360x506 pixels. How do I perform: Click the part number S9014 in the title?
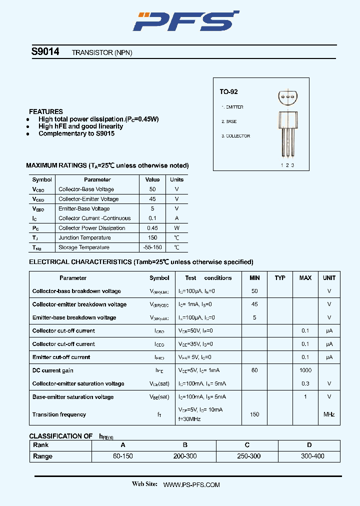(x=45, y=51)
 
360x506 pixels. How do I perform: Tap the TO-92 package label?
(x=228, y=92)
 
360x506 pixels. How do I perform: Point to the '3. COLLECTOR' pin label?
(x=235, y=136)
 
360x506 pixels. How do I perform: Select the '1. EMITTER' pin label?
(x=232, y=107)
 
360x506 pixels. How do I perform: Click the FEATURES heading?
(x=46, y=111)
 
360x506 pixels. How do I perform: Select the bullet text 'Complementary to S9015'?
(x=76, y=133)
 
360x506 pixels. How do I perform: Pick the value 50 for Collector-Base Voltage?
(x=152, y=189)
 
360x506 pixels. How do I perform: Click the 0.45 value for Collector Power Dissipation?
(x=152, y=228)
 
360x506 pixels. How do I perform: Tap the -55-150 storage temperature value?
(x=152, y=247)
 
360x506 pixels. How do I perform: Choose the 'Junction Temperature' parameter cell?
(x=84, y=238)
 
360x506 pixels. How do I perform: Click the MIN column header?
(x=254, y=278)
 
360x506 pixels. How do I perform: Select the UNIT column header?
(x=329, y=278)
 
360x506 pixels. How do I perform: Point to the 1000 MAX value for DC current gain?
(x=305, y=370)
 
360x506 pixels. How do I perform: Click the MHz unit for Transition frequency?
(x=329, y=414)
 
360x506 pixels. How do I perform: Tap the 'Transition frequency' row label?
(x=59, y=414)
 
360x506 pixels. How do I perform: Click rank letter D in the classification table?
(x=309, y=445)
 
